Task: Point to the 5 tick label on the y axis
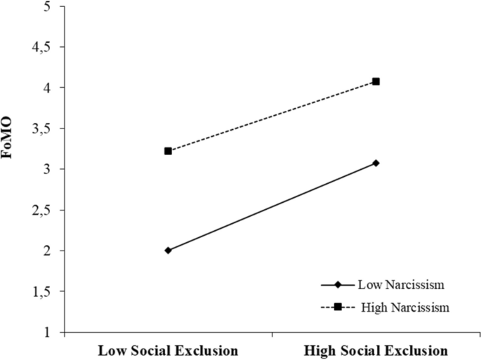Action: point(46,6)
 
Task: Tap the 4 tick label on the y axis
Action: point(46,88)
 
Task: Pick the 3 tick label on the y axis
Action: point(46,169)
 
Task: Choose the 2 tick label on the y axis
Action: point(46,251)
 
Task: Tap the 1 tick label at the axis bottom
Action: point(46,332)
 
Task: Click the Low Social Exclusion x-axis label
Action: point(167,349)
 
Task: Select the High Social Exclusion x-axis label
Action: point(376,349)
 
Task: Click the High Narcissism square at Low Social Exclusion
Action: point(168,151)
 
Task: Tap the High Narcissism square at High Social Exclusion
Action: point(376,81)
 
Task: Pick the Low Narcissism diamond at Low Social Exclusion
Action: point(168,250)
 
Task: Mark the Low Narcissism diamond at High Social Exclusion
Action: point(376,163)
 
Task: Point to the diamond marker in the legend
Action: point(338,285)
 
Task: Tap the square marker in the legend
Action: point(338,306)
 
